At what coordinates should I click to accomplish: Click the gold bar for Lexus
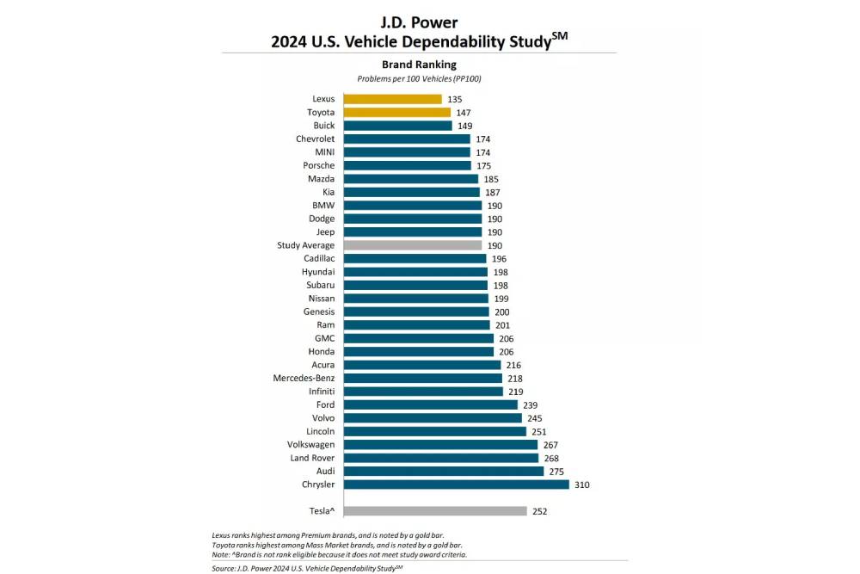pyautogui.click(x=392, y=99)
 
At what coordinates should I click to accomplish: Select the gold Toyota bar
pyautogui.click(x=396, y=112)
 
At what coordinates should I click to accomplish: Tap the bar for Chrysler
pyautogui.click(x=456, y=485)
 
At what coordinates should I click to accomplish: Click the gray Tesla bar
pyautogui.click(x=434, y=510)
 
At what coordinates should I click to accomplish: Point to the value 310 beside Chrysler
pyautogui.click(x=581, y=485)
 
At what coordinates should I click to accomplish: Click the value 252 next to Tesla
pyautogui.click(x=539, y=510)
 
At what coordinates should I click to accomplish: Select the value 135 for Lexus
pyautogui.click(x=455, y=99)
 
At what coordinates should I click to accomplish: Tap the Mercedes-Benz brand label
pyautogui.click(x=304, y=378)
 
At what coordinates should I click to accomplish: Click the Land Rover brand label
pyautogui.click(x=312, y=458)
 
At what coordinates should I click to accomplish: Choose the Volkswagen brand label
pyautogui.click(x=310, y=444)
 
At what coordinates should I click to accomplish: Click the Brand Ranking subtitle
pyautogui.click(x=419, y=65)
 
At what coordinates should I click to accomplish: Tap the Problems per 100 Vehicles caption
pyautogui.click(x=419, y=79)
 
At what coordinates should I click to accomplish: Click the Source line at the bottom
pyautogui.click(x=307, y=568)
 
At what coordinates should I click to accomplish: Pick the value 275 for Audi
pyautogui.click(x=556, y=471)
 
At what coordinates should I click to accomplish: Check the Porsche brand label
pyautogui.click(x=319, y=165)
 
